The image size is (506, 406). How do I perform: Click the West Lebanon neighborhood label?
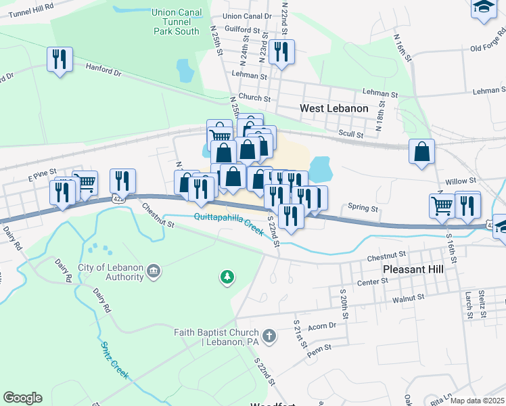pyautogui.click(x=334, y=108)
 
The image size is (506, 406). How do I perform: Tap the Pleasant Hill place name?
pyautogui.click(x=413, y=269)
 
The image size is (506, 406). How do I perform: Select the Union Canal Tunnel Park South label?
pyautogui.click(x=176, y=22)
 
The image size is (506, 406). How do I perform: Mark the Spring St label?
pyautogui.click(x=362, y=208)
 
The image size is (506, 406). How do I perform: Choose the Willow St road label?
pyautogui.click(x=462, y=181)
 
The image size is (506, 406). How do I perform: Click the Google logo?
pyautogui.click(x=22, y=398)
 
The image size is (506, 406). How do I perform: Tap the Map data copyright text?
pyautogui.click(x=478, y=401)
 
